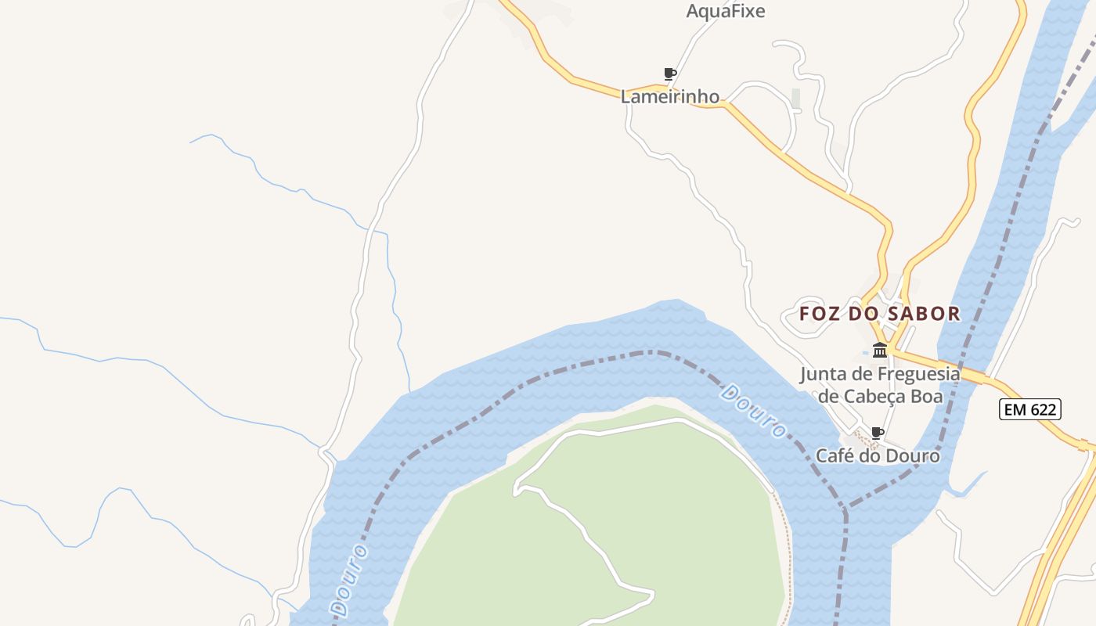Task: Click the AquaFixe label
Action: pos(725,11)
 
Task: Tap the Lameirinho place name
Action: pos(669,97)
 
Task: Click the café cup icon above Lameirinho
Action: pos(669,74)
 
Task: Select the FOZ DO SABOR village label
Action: pos(879,314)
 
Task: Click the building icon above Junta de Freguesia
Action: pos(880,350)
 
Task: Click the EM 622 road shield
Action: pos(1029,408)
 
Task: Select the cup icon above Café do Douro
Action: pos(878,433)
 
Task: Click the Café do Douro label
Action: pos(878,455)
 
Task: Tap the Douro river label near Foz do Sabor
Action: pos(753,411)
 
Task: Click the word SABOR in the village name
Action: pos(922,314)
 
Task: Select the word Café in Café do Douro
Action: pos(835,455)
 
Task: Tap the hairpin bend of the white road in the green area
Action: pos(516,490)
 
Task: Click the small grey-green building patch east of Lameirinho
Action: pos(796,99)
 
